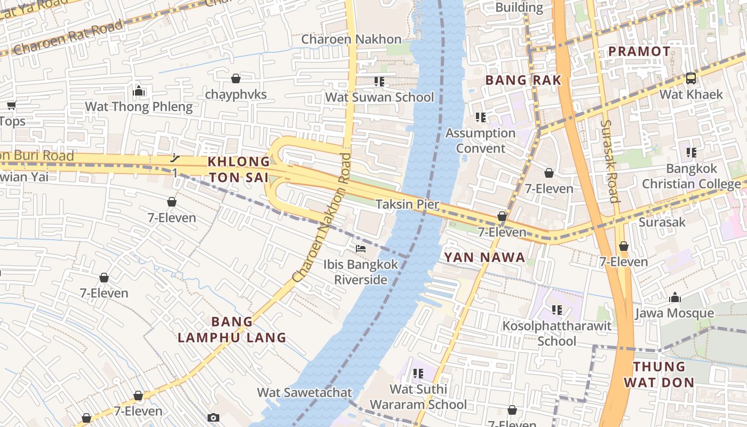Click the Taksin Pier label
(x=407, y=204)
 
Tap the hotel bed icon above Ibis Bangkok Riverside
(x=361, y=249)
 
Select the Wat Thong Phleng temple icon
(x=139, y=91)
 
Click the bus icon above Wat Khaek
(x=691, y=78)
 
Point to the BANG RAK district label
(x=523, y=81)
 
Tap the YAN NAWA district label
(x=484, y=258)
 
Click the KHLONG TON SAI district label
(x=239, y=169)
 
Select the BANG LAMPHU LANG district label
(x=232, y=330)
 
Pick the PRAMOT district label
(x=639, y=52)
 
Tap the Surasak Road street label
(x=609, y=161)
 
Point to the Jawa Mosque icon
(x=674, y=297)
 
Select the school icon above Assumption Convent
(x=480, y=117)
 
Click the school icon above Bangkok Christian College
(x=692, y=153)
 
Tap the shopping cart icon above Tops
(x=11, y=105)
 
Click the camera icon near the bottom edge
(x=213, y=417)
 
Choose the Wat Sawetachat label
(x=305, y=393)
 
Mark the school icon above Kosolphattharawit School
(x=557, y=310)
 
